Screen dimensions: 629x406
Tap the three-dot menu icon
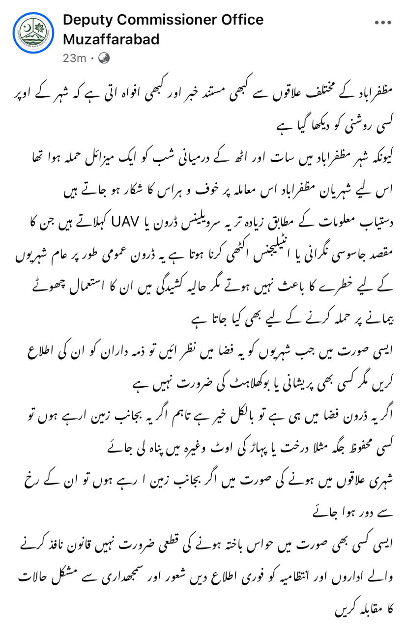coord(383,22)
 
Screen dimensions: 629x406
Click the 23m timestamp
coord(74,58)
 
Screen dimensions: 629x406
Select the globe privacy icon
coord(104,58)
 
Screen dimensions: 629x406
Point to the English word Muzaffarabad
coord(111,39)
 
